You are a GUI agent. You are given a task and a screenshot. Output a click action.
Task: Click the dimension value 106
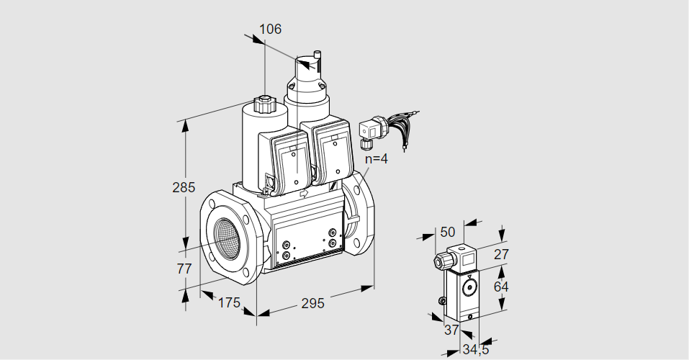(270, 30)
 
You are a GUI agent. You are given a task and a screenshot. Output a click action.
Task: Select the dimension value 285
(184, 188)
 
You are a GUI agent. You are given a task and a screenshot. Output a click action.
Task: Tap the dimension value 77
(184, 269)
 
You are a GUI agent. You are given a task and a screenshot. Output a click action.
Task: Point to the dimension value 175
(228, 302)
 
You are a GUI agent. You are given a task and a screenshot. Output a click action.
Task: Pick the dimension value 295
(312, 304)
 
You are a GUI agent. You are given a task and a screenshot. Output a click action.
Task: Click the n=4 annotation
(375, 159)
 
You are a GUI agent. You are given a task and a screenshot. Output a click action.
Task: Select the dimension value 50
(448, 232)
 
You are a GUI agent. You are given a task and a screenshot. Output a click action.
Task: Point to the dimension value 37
(451, 330)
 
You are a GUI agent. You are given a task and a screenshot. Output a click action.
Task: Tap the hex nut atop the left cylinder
(264, 104)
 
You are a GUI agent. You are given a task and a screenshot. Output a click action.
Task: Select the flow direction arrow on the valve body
(302, 193)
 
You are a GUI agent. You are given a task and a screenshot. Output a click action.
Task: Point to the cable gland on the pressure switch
(438, 261)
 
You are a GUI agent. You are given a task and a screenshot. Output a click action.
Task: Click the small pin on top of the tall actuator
(317, 55)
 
